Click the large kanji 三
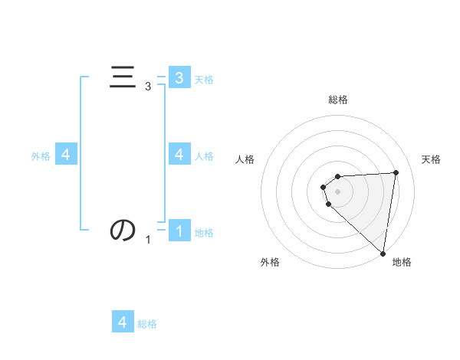123,77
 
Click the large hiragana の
123,229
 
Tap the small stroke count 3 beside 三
148,87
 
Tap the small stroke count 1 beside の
148,240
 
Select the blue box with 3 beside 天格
179,77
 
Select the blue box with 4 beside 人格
179,154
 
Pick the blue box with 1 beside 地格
179,231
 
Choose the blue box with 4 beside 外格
66,154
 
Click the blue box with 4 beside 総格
123,322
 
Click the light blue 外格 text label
41,155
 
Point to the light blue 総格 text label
147,324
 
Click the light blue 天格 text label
204,79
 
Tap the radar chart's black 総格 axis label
338,100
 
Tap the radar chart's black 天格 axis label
432,159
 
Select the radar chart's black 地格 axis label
402,262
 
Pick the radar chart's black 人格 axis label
245,159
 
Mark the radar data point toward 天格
396,172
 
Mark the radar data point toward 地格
383,253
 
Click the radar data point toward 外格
328,204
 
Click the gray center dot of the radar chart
338,191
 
